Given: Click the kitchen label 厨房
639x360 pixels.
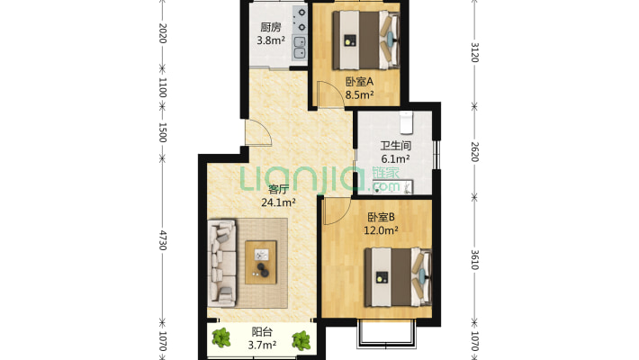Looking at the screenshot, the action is click(271, 27).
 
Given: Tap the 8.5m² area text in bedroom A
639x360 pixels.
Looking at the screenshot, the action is click(360, 95).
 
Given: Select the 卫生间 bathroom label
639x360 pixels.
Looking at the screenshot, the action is click(395, 146).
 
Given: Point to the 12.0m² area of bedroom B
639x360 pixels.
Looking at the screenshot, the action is click(381, 230).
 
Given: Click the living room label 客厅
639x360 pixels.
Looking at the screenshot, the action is click(278, 189).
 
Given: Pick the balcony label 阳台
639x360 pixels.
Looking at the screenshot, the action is click(262, 332).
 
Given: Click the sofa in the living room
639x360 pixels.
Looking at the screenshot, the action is click(222, 264).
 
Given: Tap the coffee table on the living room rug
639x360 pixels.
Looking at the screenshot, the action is click(261, 263).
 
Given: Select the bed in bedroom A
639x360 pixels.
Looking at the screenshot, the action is click(365, 40).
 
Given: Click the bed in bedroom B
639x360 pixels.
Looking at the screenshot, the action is click(398, 277).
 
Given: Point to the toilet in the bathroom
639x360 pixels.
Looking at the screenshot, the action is click(406, 121).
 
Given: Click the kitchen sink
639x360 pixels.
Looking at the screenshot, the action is click(300, 48).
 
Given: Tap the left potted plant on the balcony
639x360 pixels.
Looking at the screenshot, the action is click(221, 338).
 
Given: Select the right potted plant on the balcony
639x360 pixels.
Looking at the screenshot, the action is click(301, 340).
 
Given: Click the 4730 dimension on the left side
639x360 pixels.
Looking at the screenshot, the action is click(163, 240).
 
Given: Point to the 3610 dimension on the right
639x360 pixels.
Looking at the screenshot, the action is click(474, 260).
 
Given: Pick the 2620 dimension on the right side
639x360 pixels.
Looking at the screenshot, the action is click(474, 152).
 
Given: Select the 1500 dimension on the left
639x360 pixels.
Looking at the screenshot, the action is click(163, 132).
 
